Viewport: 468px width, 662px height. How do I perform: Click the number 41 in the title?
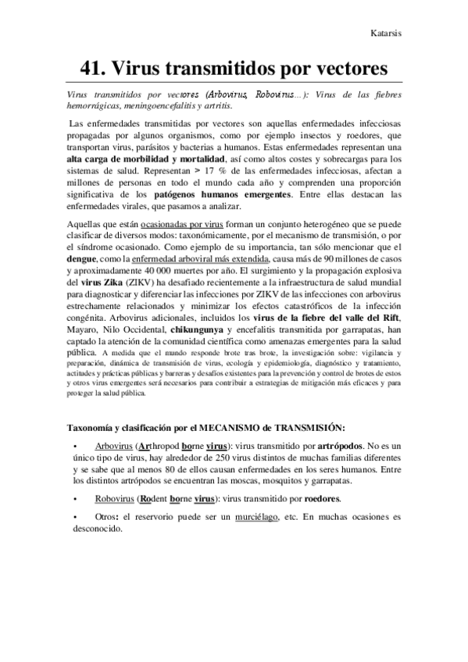click(x=94, y=67)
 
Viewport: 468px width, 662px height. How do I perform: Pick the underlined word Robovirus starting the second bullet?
click(x=115, y=498)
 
